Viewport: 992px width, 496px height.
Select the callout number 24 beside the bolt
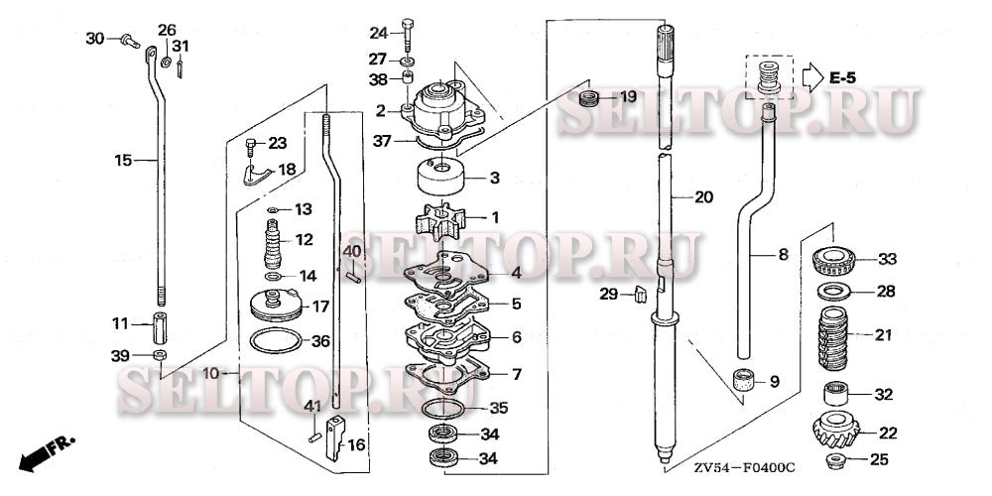381,32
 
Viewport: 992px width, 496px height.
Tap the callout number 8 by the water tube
783,255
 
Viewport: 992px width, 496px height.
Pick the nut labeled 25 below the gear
834,460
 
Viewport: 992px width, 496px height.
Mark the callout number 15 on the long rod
123,160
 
